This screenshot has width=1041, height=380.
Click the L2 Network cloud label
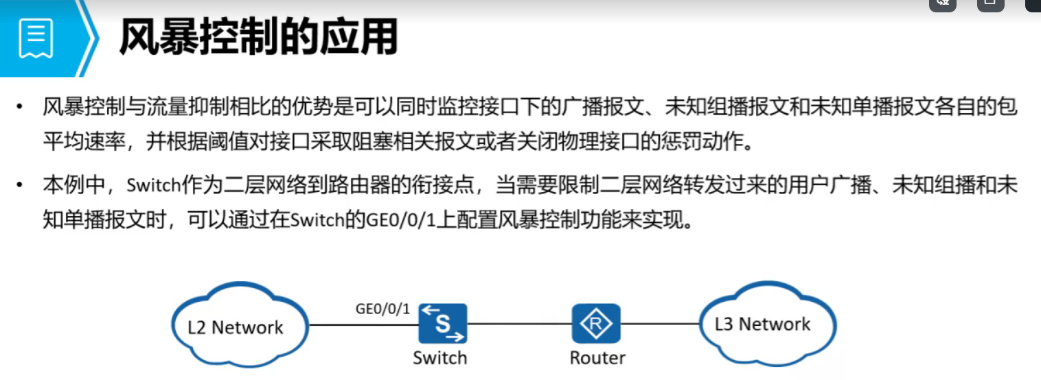click(x=236, y=327)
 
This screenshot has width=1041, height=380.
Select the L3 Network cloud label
click(x=762, y=324)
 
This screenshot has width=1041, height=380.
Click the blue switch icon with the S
click(x=443, y=323)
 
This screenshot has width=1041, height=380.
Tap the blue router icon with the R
click(x=596, y=323)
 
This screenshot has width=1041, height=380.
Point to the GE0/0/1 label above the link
click(x=382, y=309)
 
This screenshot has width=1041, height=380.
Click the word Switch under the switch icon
click(x=439, y=357)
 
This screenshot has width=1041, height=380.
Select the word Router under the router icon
click(x=597, y=357)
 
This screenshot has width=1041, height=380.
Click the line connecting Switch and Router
click(x=519, y=324)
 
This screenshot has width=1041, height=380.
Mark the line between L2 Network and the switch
click(x=364, y=324)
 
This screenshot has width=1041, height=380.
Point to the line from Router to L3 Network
click(x=659, y=324)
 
